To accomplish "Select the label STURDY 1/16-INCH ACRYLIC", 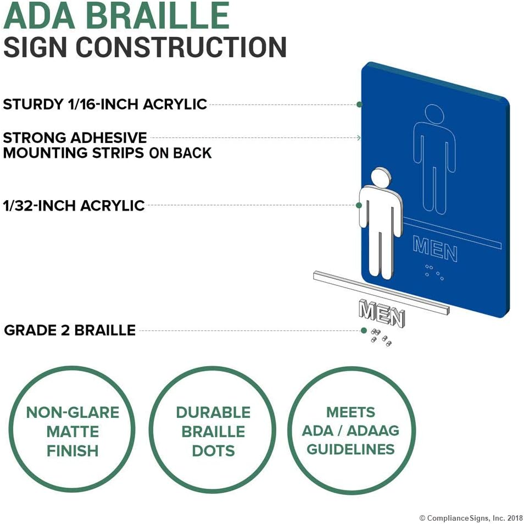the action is click(x=105, y=104).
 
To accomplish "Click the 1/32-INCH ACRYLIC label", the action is click(x=74, y=206).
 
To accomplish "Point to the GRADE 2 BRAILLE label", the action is click(x=70, y=330).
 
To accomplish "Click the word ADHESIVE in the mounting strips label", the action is click(x=109, y=138).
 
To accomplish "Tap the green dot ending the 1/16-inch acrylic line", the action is click(x=359, y=104).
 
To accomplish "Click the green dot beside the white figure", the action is click(x=359, y=205).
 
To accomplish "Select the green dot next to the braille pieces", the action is click(x=364, y=330).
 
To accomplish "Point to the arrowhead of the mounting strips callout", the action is click(x=359, y=137).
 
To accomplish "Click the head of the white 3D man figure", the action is click(x=381, y=178).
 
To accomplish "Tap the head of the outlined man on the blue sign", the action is click(x=434, y=114).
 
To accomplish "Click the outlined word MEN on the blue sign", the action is click(x=435, y=249).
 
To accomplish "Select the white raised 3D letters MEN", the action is click(x=382, y=313).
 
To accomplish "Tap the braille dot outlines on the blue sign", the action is click(x=434, y=272).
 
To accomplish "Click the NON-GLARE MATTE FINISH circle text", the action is click(x=73, y=432).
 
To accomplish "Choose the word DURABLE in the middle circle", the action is click(x=213, y=412).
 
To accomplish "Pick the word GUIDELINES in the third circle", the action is click(x=350, y=449).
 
